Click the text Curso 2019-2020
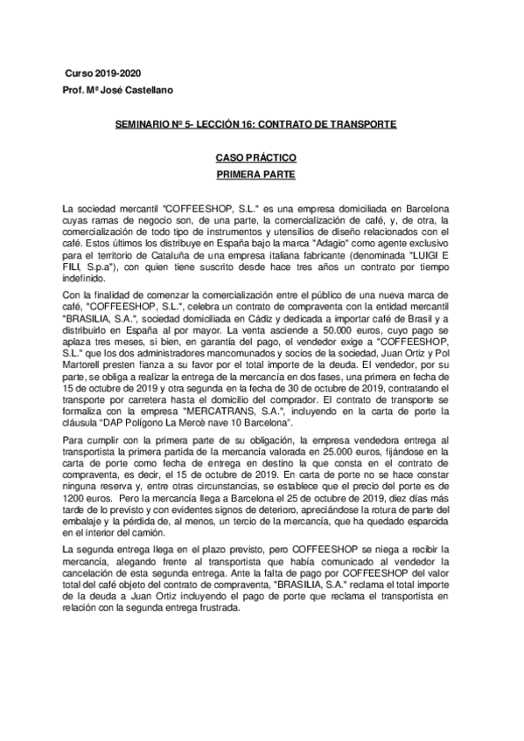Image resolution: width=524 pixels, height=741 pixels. tap(103, 73)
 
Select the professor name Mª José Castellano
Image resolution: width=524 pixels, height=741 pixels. tap(131, 90)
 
